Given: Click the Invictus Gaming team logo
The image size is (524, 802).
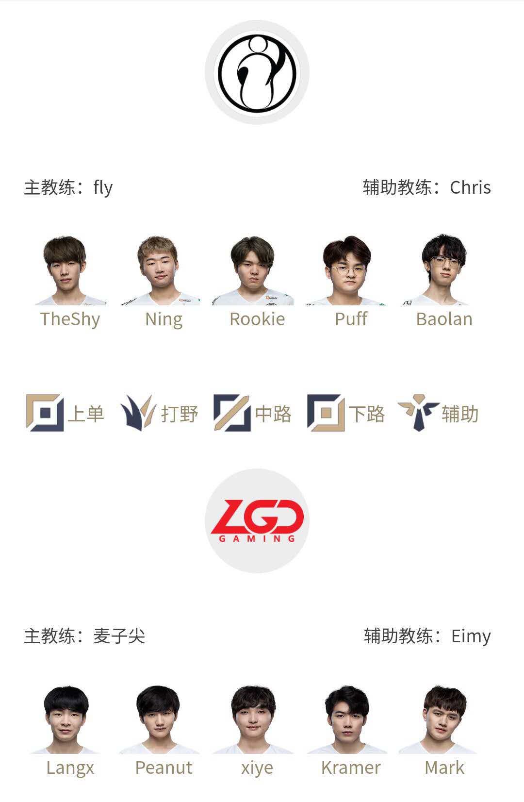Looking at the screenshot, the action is [x=257, y=72].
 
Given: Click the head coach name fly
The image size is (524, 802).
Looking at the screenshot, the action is [x=103, y=187].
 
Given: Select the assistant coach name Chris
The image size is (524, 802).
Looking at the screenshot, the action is [x=470, y=187].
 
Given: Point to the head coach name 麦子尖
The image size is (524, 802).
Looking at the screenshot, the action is [x=119, y=636].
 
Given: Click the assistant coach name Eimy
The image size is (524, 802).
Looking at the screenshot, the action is [x=471, y=636].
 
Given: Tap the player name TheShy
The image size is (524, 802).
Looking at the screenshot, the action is [x=70, y=319].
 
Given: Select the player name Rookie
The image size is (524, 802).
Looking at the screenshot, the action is [x=257, y=319].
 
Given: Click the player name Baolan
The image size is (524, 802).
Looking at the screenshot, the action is [x=444, y=319].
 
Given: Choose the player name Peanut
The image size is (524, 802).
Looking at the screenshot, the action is [x=164, y=768].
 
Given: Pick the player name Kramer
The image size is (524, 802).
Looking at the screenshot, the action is [x=351, y=768].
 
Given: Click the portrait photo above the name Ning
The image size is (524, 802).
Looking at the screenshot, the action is [x=160, y=270].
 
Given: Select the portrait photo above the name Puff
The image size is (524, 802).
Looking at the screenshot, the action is [x=346, y=270].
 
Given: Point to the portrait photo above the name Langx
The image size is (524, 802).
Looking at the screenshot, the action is [x=65, y=719].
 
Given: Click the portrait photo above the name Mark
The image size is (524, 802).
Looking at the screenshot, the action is [x=440, y=719].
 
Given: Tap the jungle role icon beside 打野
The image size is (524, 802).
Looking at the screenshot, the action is [x=138, y=413].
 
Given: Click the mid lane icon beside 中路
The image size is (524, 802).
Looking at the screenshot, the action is [x=232, y=413].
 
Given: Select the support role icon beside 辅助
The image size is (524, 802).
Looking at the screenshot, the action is [x=419, y=413].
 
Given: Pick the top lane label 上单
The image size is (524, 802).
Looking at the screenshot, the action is [x=86, y=414].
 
